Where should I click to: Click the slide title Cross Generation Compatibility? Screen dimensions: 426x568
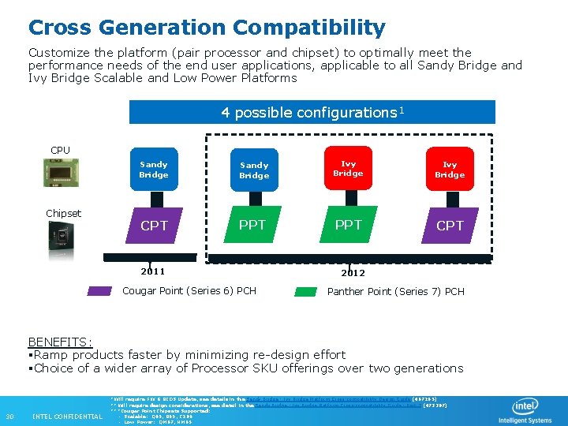click(207, 28)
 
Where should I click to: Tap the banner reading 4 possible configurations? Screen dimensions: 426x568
click(312, 112)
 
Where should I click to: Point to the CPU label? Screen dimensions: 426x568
click(60, 150)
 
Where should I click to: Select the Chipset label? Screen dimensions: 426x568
click(63, 213)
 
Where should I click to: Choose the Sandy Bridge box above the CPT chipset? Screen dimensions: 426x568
click(154, 170)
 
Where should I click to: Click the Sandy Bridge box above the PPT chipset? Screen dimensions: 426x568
click(254, 170)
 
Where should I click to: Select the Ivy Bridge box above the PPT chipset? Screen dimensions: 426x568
click(348, 169)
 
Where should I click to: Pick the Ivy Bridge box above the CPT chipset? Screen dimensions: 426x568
click(450, 170)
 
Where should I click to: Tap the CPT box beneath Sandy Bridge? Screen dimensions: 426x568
click(154, 226)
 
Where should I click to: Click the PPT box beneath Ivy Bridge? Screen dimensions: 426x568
click(348, 225)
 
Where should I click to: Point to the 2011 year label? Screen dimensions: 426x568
click(152, 271)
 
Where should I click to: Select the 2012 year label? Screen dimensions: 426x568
click(353, 273)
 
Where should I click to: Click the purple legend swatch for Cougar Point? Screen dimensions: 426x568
click(99, 291)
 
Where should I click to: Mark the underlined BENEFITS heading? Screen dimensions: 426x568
click(60, 342)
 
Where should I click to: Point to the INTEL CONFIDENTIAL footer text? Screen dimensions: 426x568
click(67, 417)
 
